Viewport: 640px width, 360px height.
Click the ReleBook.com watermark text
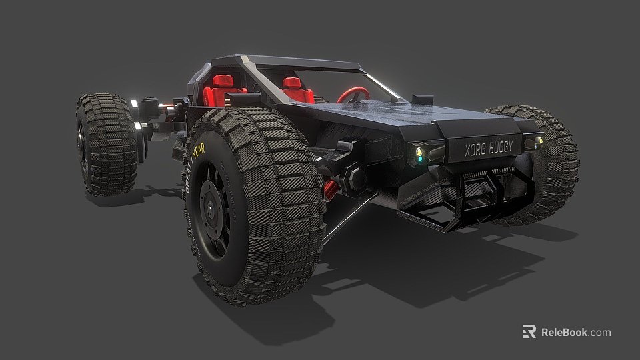pyautogui.click(x=575, y=332)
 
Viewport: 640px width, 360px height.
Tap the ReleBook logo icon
pyautogui.click(x=529, y=332)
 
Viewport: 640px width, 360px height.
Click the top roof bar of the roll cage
pyautogui.click(x=300, y=63)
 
